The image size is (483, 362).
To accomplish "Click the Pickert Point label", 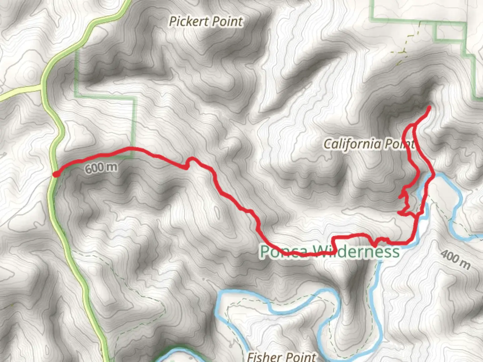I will (206, 21).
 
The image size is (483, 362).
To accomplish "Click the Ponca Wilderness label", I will (330, 251).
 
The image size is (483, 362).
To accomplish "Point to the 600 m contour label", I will (101, 168).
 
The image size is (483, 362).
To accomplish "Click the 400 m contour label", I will (455, 260).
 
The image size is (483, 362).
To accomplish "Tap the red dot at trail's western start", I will (56, 174).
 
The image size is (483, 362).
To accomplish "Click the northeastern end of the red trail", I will (429, 108).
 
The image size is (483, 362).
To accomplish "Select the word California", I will (352, 144).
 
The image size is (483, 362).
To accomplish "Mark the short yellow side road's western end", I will (1, 98).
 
